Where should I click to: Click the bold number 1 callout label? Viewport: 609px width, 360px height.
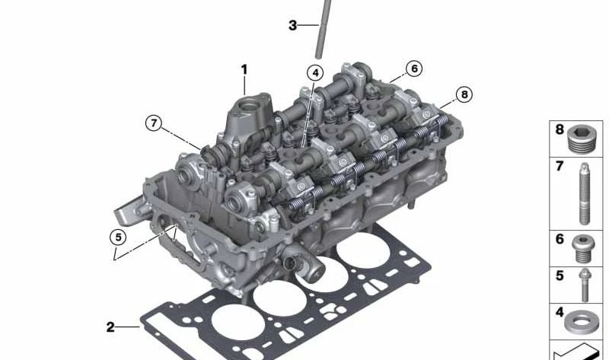coord(244,70)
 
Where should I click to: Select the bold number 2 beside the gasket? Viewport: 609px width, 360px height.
coord(110,327)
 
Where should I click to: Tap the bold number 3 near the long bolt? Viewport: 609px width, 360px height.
coord(293,26)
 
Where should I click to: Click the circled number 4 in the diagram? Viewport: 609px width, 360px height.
coord(315,72)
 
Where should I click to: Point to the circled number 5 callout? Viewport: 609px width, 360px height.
coord(118,237)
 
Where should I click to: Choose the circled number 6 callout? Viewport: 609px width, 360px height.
coord(414,68)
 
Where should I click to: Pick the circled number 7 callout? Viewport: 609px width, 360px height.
coord(154,123)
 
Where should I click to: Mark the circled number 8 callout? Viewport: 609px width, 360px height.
coord(464,94)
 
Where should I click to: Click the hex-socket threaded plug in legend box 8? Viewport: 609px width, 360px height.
coord(582,139)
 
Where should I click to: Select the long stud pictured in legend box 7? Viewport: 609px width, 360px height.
coord(584,193)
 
